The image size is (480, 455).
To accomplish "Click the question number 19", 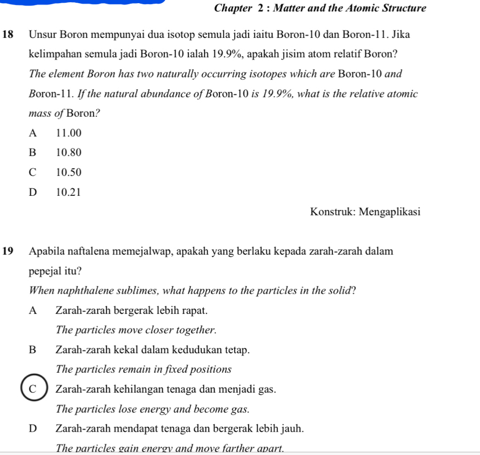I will (8, 252).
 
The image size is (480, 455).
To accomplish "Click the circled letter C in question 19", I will (34, 389).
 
